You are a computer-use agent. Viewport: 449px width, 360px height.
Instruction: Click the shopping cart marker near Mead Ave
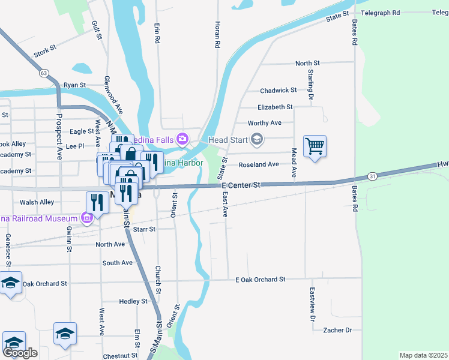(315, 146)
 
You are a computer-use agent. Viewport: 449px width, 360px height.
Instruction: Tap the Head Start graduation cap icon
(257, 140)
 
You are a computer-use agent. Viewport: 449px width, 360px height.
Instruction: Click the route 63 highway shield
(43, 73)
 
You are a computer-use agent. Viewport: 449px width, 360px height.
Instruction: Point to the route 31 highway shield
(373, 176)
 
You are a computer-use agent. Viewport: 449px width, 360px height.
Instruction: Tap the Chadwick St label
(278, 91)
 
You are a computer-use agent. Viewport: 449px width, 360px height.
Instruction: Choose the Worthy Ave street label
(264, 123)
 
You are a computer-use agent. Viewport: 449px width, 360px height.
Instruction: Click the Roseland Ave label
(259, 164)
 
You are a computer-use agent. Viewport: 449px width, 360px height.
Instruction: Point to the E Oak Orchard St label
(260, 280)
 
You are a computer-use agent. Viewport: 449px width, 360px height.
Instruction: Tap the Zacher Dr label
(337, 330)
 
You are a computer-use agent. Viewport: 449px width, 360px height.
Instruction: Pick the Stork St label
(45, 53)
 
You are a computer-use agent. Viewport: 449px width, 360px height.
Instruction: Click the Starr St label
(144, 229)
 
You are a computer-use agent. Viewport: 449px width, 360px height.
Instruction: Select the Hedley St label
(133, 301)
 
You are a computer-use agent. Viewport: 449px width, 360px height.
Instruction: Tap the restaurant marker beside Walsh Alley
(96, 202)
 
